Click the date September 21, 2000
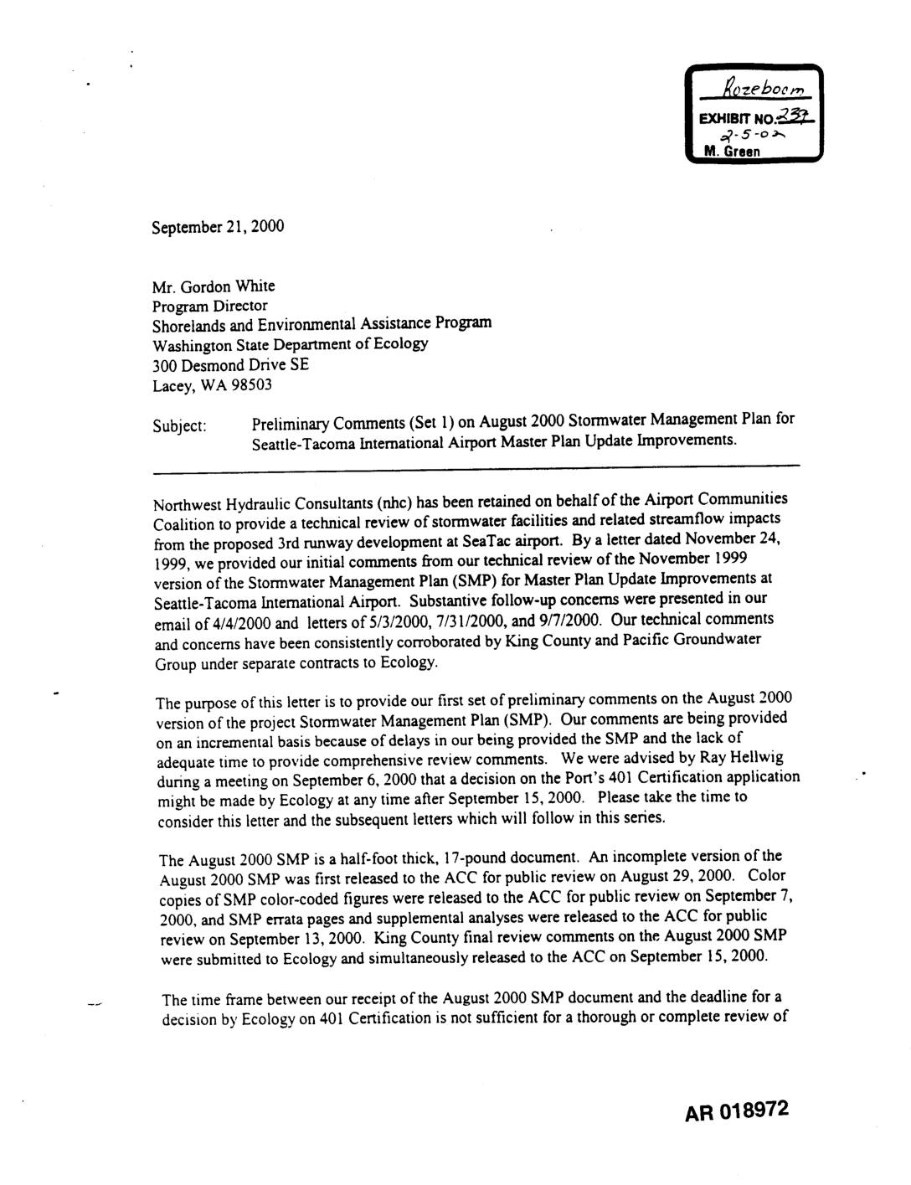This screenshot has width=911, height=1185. pyautogui.click(x=218, y=227)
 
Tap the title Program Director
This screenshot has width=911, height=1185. pyautogui.click(x=209, y=306)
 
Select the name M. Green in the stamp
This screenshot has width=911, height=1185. pyautogui.click(x=733, y=152)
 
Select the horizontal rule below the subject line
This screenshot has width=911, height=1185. pyautogui.click(x=476, y=464)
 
